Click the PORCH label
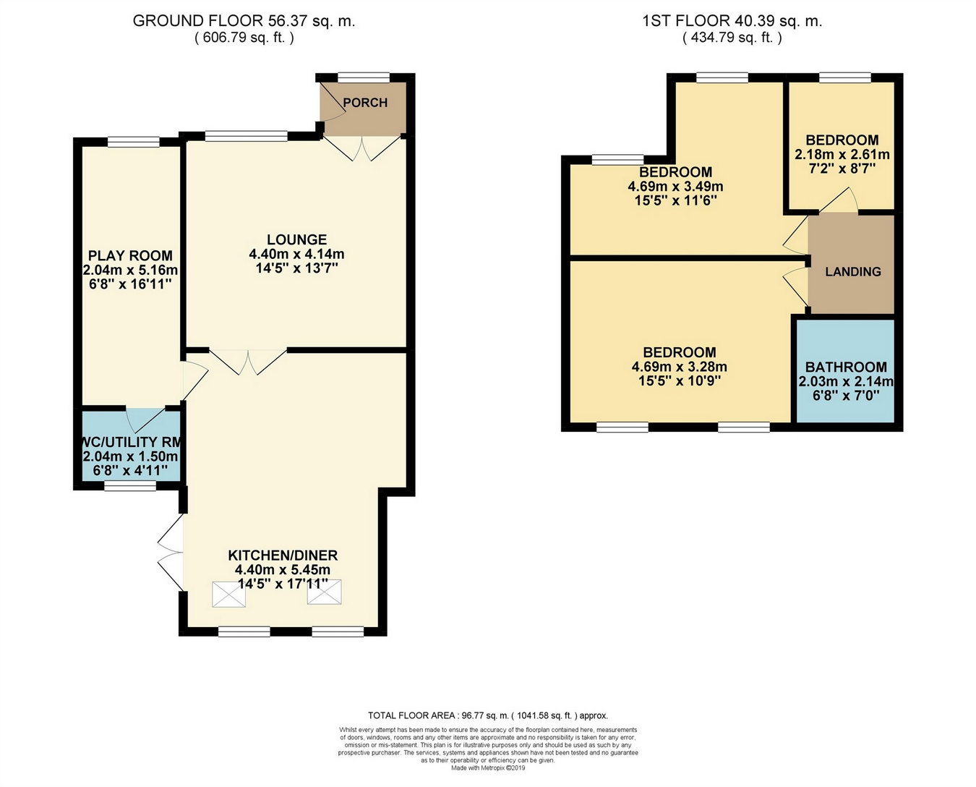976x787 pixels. click(x=365, y=103)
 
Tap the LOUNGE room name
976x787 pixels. click(x=296, y=239)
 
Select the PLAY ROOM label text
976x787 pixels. click(x=130, y=255)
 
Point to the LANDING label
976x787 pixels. click(x=852, y=271)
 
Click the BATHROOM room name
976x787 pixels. click(x=846, y=367)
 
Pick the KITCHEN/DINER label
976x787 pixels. click(x=283, y=555)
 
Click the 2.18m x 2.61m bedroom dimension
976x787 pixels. click(x=842, y=154)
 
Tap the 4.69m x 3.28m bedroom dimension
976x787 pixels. click(x=680, y=366)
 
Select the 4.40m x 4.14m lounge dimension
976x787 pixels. click(x=296, y=254)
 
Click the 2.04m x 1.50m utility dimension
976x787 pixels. click(x=130, y=456)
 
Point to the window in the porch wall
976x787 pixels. click(x=364, y=77)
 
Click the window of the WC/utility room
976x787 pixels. click(x=130, y=485)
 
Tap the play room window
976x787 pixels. click(x=134, y=142)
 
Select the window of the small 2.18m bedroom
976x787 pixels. click(x=845, y=77)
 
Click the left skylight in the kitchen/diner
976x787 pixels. click(x=229, y=594)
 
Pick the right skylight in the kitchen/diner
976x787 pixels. click(x=325, y=592)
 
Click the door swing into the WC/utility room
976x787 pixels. click(x=145, y=420)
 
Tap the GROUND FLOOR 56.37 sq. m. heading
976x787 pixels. click(x=244, y=21)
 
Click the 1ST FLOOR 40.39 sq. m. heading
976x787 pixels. click(x=732, y=21)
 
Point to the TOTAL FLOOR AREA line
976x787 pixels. click(x=487, y=715)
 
